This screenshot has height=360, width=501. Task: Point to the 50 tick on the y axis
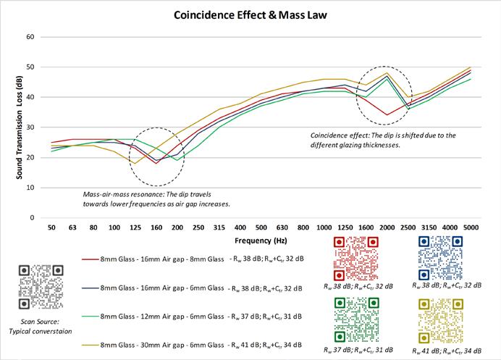pyautogui.click(x=30, y=67)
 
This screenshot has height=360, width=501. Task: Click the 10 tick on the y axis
pyautogui.click(x=30, y=187)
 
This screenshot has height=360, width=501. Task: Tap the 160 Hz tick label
pyautogui.click(x=156, y=227)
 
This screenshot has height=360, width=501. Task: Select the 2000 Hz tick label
pyautogui.click(x=387, y=227)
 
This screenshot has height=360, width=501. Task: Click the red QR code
pyautogui.click(x=355, y=259)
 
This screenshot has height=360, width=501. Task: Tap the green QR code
pyautogui.click(x=355, y=319)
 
